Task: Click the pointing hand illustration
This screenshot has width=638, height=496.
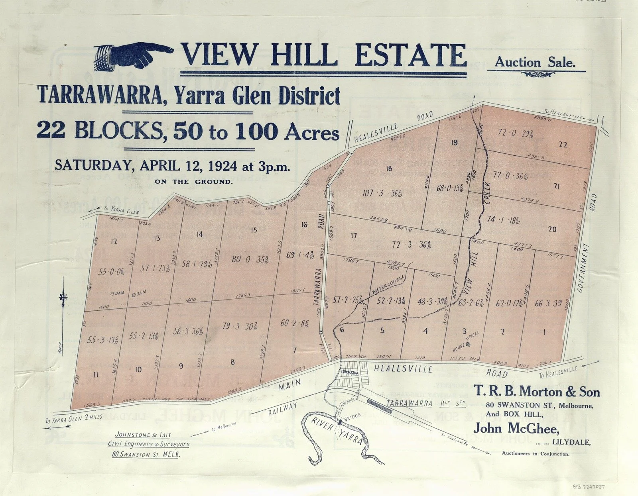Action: tap(134, 55)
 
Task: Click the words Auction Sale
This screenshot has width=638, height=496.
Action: tap(535, 63)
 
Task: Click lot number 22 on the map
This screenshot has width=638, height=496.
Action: tap(562, 145)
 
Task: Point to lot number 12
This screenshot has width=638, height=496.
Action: tap(114, 241)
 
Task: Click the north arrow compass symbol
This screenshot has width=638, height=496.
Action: tap(63, 297)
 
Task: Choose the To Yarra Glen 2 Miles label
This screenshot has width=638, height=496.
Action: tap(73, 418)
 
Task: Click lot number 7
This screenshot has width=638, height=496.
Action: tap(294, 350)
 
